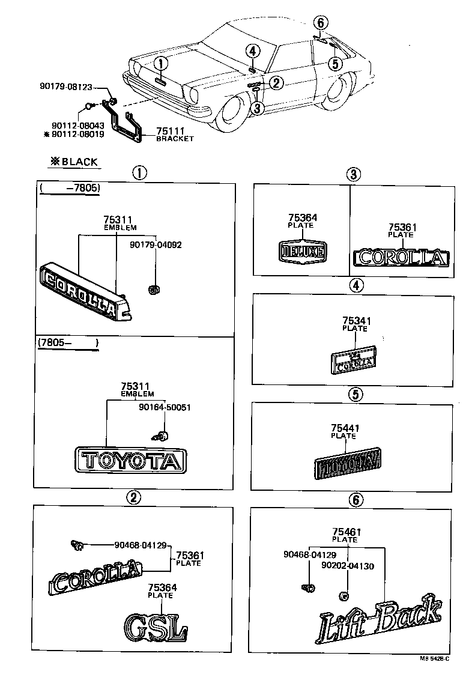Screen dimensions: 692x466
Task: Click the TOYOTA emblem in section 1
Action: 130,461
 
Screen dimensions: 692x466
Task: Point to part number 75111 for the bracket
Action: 169,131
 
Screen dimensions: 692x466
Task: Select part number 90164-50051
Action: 165,407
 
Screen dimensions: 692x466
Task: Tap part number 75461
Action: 345,532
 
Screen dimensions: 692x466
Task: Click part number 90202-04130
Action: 347,565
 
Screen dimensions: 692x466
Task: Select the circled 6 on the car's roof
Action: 321,23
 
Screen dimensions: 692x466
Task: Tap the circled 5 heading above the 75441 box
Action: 354,395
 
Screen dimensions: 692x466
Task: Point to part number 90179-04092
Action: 156,244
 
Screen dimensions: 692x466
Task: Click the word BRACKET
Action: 175,139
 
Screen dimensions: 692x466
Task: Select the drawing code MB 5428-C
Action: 434,658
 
